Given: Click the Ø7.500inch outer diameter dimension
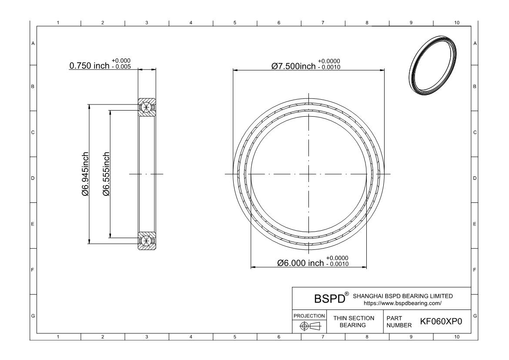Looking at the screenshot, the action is click(x=294, y=66).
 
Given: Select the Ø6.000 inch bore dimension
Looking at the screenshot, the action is click(x=301, y=263).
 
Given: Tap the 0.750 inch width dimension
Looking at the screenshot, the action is click(x=89, y=66).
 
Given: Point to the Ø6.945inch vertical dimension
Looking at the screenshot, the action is click(x=85, y=174).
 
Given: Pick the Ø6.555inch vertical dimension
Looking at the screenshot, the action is click(x=106, y=174).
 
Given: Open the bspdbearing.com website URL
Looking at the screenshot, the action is click(x=402, y=303).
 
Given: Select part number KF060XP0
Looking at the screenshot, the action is click(x=441, y=321).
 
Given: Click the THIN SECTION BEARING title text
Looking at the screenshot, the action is click(x=354, y=322).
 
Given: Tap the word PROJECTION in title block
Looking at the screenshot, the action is click(x=309, y=316).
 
